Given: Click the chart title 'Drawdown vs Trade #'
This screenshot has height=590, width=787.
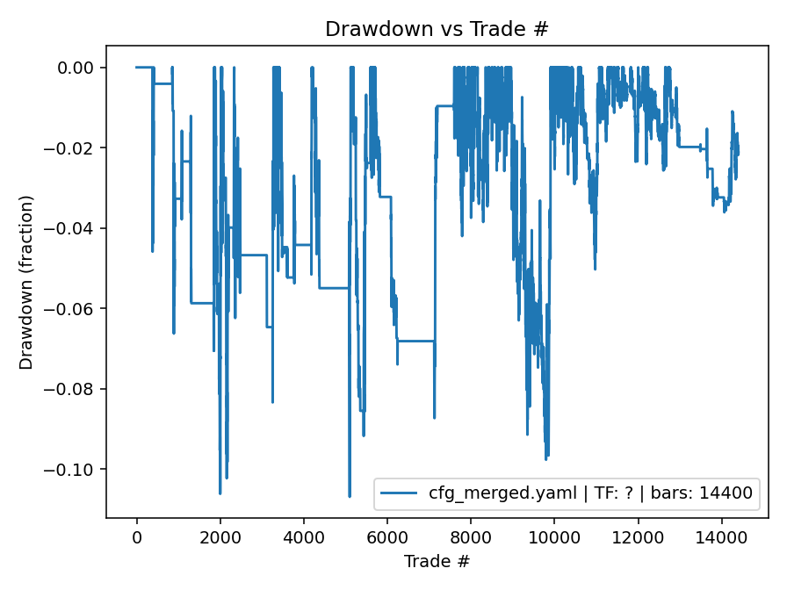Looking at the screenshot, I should [x=437, y=28].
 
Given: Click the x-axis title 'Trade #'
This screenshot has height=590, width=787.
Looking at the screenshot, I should [x=437, y=560].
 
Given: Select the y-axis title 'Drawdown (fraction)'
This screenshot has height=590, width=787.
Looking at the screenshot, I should [x=26, y=282].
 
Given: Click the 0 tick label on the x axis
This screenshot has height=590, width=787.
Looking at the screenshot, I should [x=137, y=537].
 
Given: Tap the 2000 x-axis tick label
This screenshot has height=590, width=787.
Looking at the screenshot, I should [x=220, y=537].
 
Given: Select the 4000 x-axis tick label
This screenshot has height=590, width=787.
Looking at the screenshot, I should [x=304, y=537].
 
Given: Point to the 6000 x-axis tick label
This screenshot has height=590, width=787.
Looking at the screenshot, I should [x=387, y=537].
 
